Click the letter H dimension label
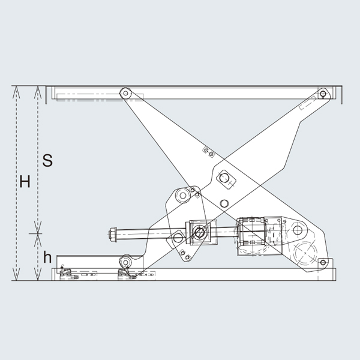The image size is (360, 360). click(25, 182)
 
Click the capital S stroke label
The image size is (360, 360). click(48, 161)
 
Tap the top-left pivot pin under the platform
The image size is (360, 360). click(125, 93)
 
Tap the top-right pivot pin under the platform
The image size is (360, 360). click(323, 94)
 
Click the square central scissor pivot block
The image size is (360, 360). click(226, 178)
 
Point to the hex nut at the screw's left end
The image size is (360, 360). click(113, 233)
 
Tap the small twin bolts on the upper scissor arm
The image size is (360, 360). click(208, 152)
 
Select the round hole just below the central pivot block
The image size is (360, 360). click(224, 203)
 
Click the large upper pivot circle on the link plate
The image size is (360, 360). click(181, 196)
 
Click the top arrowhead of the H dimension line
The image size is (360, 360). click(16, 90)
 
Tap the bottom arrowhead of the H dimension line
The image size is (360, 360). click(16, 277)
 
